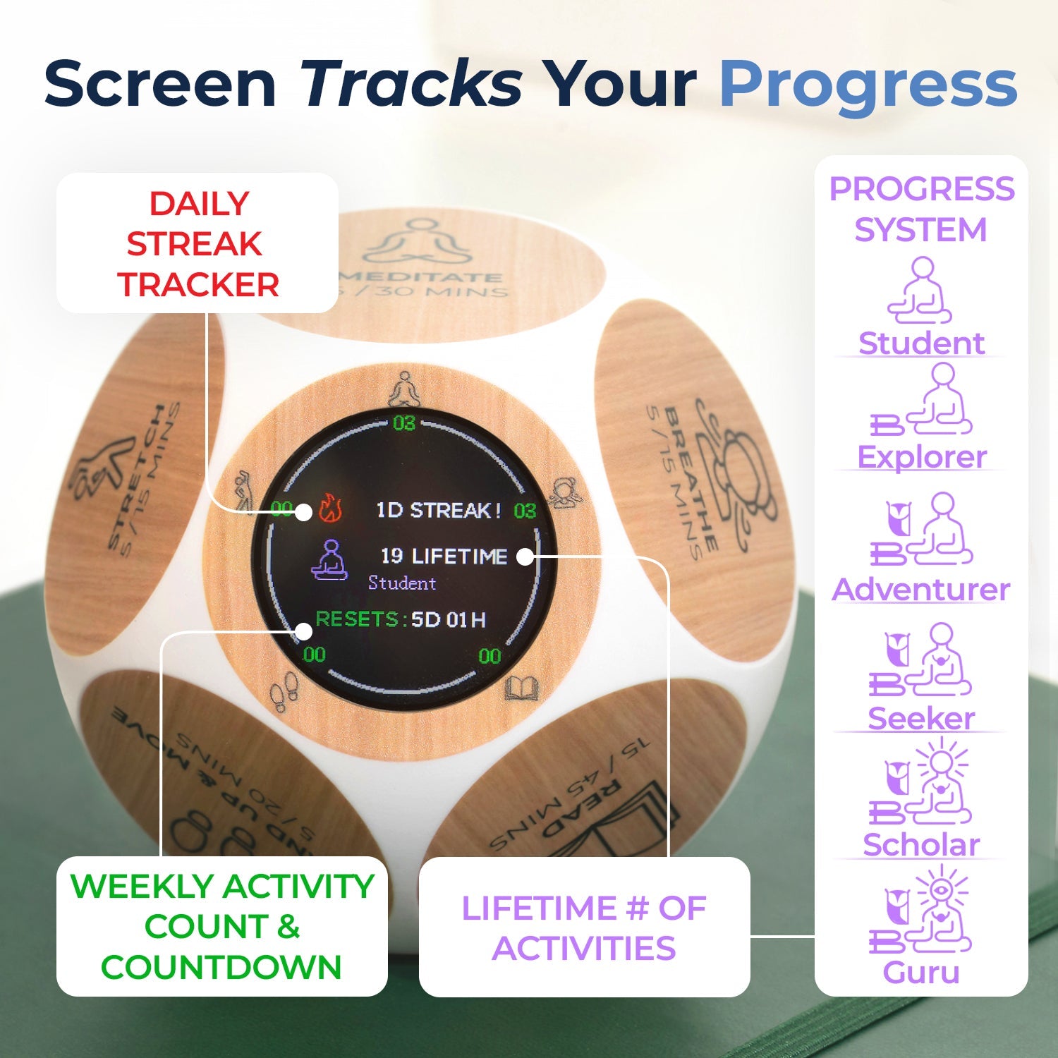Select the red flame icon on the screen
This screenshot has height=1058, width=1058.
[x=330, y=508]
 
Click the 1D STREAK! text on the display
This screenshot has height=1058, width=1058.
[x=438, y=510]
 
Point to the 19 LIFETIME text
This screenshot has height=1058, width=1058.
[x=444, y=557]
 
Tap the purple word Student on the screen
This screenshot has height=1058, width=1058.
[x=402, y=583]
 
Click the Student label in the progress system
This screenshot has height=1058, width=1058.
[x=921, y=343]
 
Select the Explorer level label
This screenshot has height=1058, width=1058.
[x=921, y=457]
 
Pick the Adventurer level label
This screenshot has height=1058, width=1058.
[x=921, y=589]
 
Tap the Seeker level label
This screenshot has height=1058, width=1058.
[x=921, y=718]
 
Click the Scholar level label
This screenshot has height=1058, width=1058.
[x=921, y=844]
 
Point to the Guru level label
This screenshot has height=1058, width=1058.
[x=921, y=972]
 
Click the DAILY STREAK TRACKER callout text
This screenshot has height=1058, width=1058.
[x=197, y=244]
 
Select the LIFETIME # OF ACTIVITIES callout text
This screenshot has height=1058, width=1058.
[x=584, y=928]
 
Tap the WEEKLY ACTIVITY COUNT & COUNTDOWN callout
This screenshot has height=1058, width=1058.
[x=221, y=926]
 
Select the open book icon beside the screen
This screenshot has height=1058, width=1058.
[x=521, y=688]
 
